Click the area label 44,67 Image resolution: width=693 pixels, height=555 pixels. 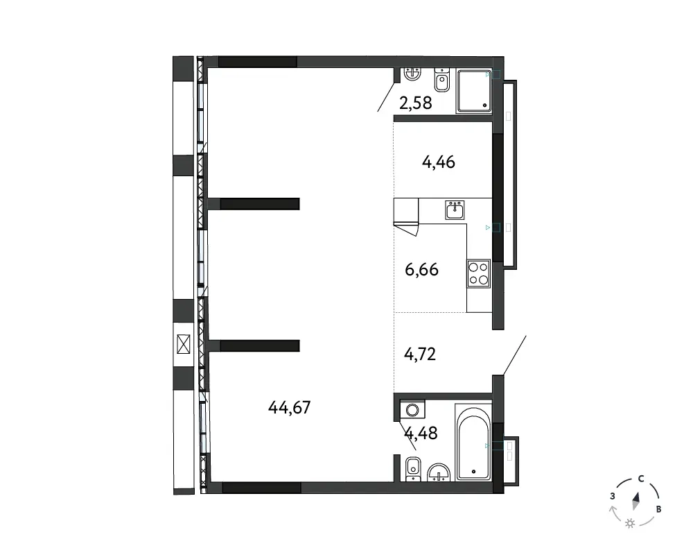290,407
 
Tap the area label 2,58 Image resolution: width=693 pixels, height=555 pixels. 415,103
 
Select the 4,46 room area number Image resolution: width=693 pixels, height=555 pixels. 439,162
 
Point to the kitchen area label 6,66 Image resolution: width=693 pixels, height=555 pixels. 421,270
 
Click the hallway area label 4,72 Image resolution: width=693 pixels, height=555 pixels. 420,354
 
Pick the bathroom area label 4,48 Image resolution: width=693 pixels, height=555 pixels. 421,434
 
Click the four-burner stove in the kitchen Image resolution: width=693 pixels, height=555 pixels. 479,273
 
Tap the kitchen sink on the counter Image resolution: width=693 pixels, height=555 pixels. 455,210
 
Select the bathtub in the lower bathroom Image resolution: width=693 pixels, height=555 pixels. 473,443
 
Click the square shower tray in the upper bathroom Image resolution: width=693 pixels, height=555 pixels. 474,91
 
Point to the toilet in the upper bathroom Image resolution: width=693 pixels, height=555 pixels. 441,80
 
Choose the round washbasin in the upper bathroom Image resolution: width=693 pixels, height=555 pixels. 412,74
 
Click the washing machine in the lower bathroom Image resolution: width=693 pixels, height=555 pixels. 412,410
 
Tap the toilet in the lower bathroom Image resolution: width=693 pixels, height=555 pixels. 413,469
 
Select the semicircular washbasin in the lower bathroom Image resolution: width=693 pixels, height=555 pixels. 439,472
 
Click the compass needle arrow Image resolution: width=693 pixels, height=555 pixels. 636,501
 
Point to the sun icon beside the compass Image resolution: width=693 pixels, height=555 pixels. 630,524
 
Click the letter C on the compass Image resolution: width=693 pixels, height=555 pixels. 641,479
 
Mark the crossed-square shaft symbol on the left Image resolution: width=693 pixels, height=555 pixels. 183,344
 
